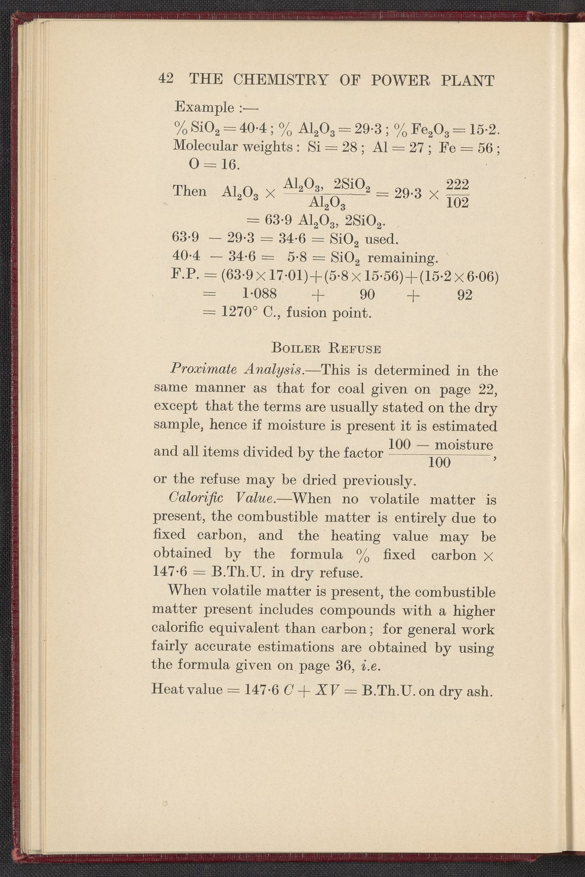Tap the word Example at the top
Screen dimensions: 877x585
pyautogui.click(x=198, y=106)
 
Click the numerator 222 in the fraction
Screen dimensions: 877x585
pyautogui.click(x=458, y=185)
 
